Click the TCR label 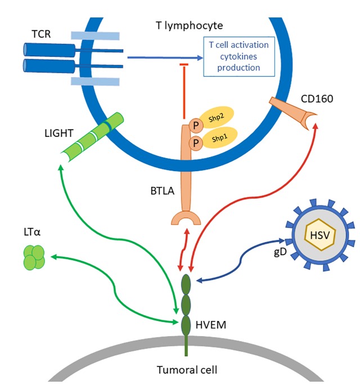(41, 34)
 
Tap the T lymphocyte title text (190, 26)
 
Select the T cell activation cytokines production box (239, 56)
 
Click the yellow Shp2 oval (217, 117)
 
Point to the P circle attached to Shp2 (196, 126)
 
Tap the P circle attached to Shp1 (196, 143)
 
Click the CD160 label (317, 99)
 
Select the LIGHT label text (59, 133)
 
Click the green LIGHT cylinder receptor (92, 137)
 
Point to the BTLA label (163, 191)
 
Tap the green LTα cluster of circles (34, 257)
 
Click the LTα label (32, 232)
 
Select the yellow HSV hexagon (320, 235)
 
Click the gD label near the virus (280, 252)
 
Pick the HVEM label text (211, 325)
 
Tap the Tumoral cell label (187, 370)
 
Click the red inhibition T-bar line (184, 91)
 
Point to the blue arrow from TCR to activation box (165, 58)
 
